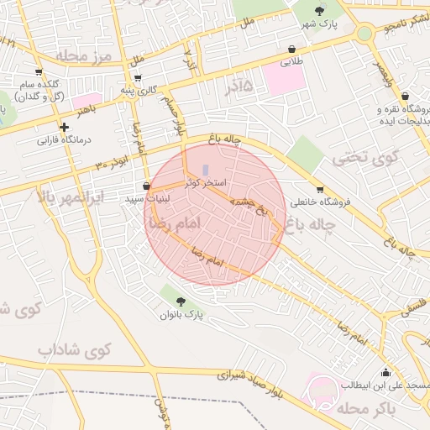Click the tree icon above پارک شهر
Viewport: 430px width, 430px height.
pyautogui.click(x=318, y=10)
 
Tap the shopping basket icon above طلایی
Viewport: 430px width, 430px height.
pyautogui.click(x=291, y=50)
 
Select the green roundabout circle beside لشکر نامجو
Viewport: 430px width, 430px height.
pyautogui.click(x=364, y=34)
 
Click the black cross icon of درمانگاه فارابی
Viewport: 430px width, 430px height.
pyautogui.click(x=64, y=127)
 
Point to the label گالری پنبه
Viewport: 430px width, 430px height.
pyautogui.click(x=138, y=90)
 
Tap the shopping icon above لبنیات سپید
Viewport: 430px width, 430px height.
pyautogui.click(x=147, y=186)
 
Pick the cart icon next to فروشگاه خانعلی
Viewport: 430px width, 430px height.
pyautogui.click(x=319, y=189)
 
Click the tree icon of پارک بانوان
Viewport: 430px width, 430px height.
pyautogui.click(x=181, y=301)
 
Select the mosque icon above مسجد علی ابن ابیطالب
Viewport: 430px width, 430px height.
pyautogui.click(x=385, y=372)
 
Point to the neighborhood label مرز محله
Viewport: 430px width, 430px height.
pyautogui.click(x=84, y=55)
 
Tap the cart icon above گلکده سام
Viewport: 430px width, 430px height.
pyautogui.click(x=38, y=72)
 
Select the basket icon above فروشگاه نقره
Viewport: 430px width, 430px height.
pyautogui.click(x=405, y=96)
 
